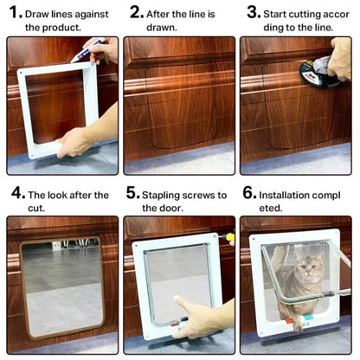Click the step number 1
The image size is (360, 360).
coord(13,14)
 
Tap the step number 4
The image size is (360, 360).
coord(16,195)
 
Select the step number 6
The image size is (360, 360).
coord(247,195)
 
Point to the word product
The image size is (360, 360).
coord(62,28)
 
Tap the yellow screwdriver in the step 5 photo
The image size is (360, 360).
coord(230,236)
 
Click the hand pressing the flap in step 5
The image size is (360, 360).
coord(195,316)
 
